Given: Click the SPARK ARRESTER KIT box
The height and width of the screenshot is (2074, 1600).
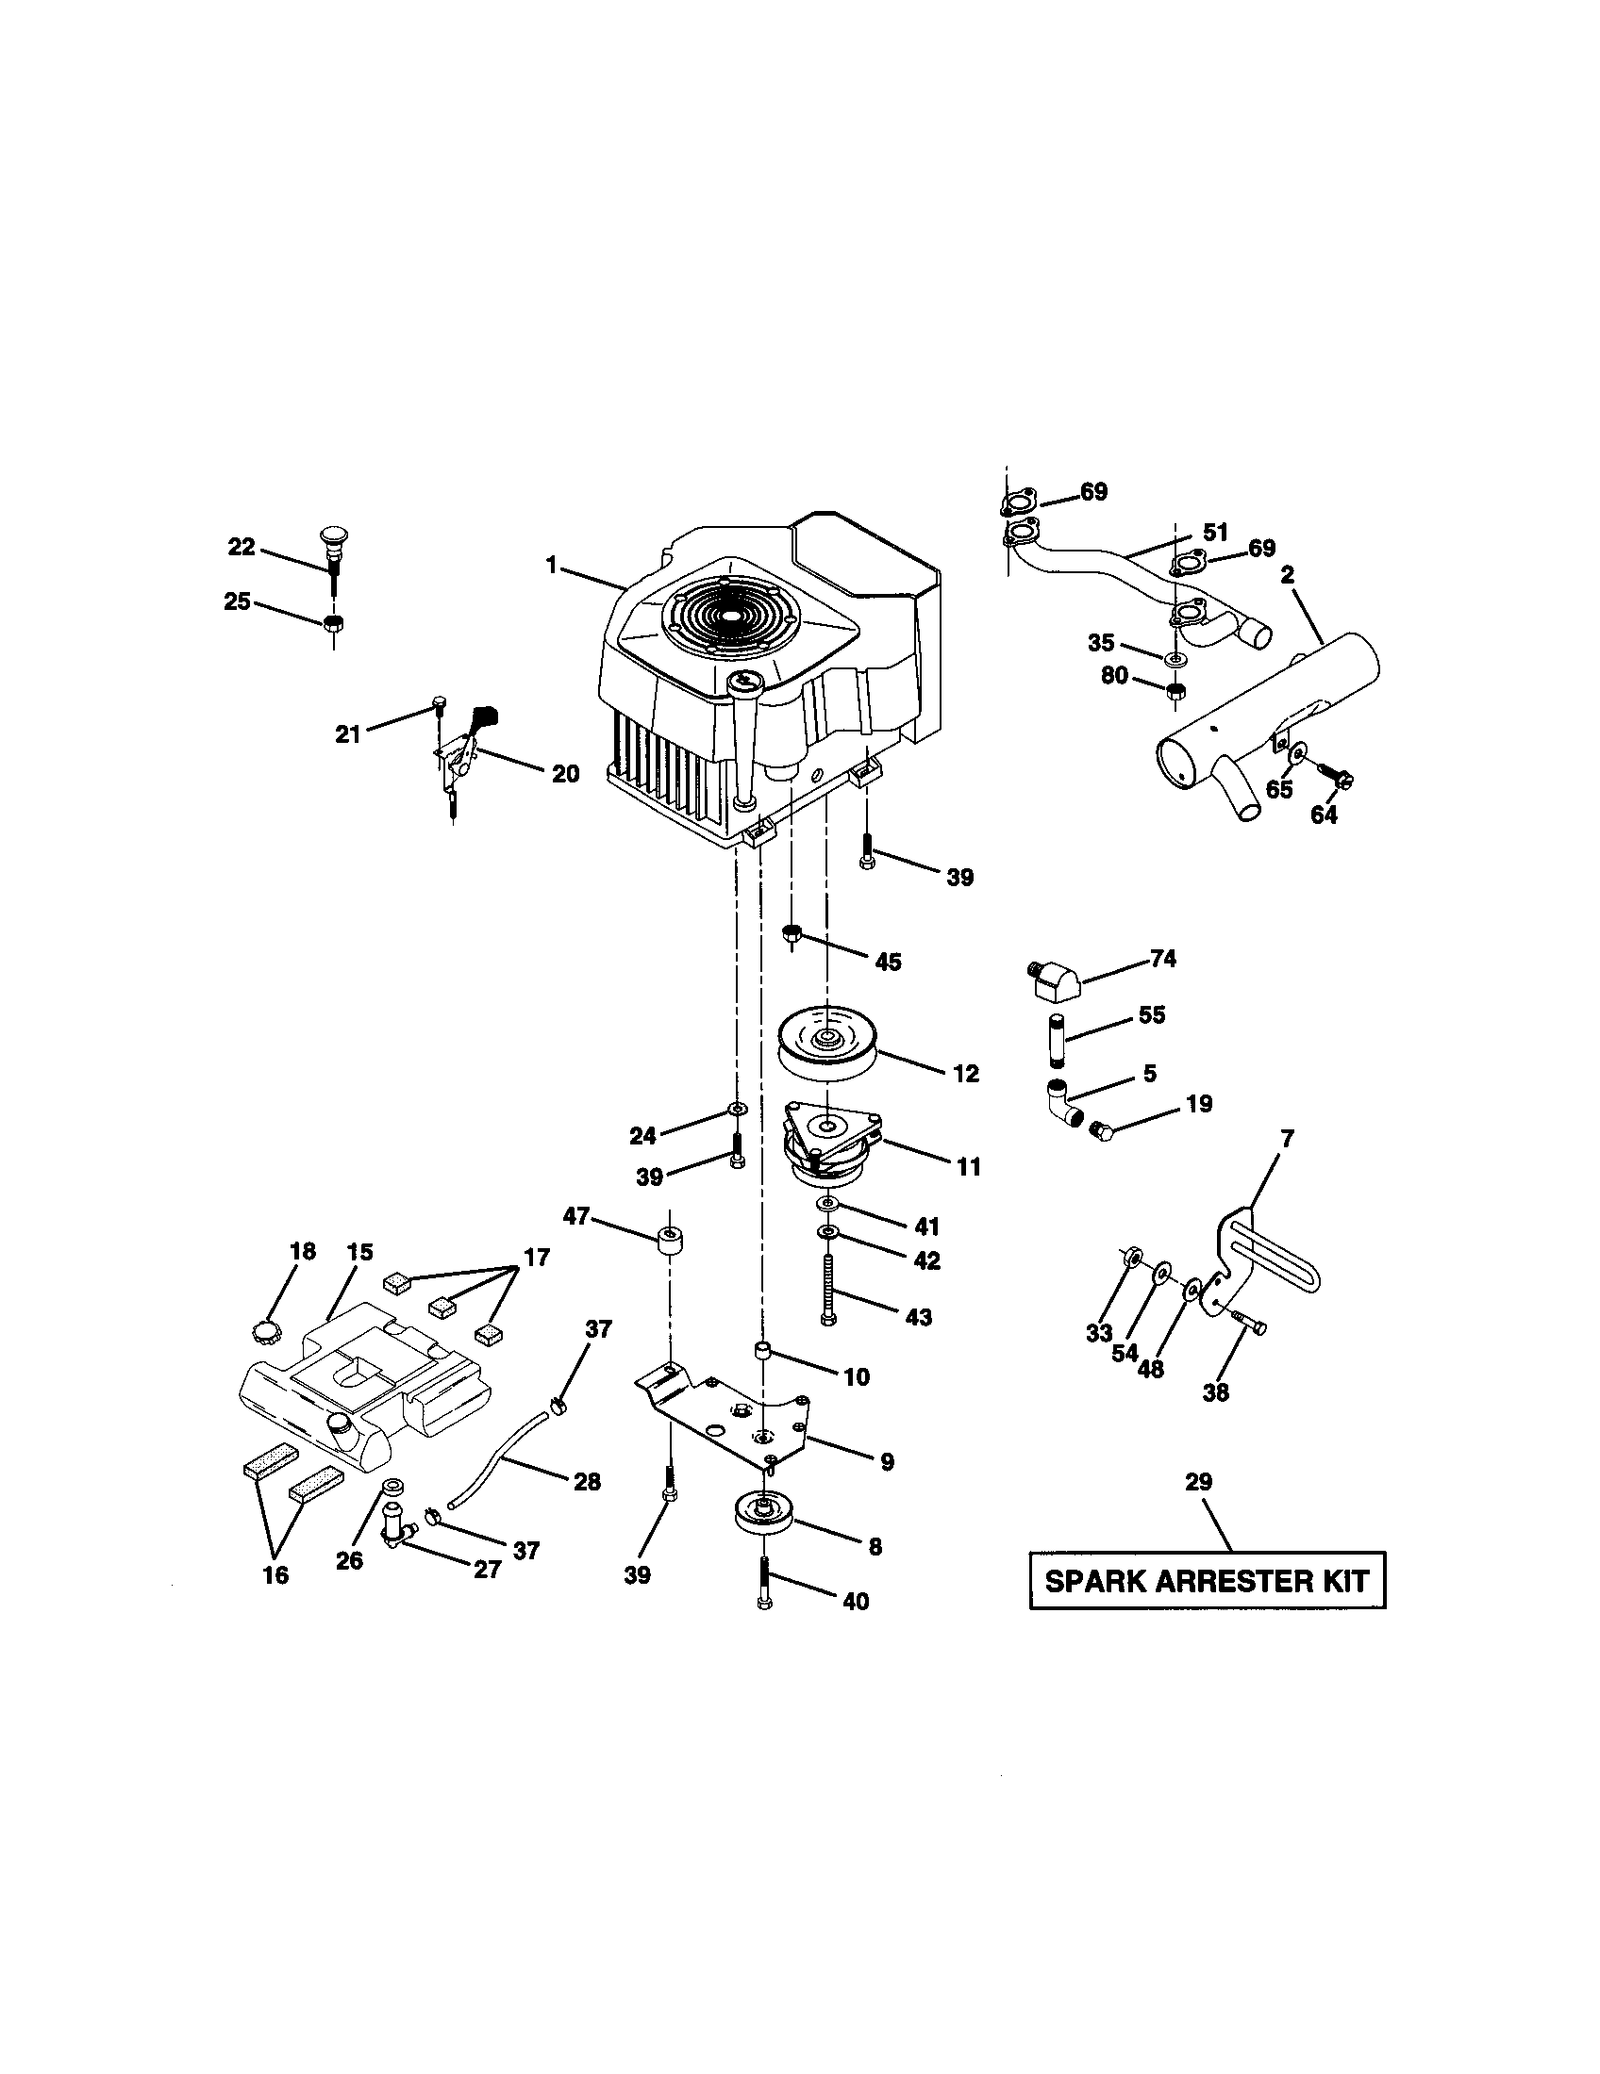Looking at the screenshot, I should [x=1207, y=1581].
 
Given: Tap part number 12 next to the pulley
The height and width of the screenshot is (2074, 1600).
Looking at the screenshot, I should [x=965, y=1074].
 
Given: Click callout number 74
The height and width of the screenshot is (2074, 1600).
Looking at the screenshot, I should [x=1163, y=959].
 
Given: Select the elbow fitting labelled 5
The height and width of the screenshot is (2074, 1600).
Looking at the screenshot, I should [x=1064, y=1103].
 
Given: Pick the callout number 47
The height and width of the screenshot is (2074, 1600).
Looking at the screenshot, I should [x=576, y=1216].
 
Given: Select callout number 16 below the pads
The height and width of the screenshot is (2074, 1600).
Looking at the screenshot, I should [x=275, y=1574].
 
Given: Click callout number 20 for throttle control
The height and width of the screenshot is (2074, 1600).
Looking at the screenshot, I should [x=565, y=774].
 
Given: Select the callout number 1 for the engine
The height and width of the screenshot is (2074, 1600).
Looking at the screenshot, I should [x=550, y=565].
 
